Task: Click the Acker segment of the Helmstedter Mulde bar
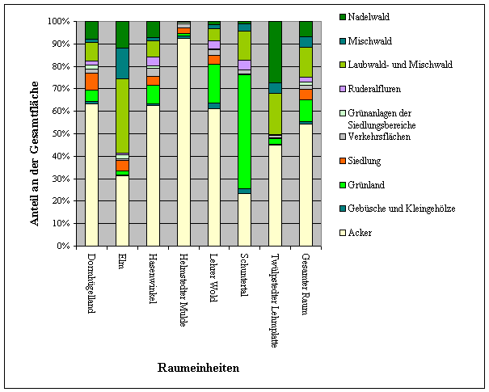(x=183, y=142)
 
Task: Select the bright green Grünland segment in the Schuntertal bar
(x=245, y=132)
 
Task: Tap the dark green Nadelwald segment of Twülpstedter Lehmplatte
(x=276, y=52)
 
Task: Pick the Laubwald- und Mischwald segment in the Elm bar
(x=123, y=116)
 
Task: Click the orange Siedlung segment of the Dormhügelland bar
(x=92, y=82)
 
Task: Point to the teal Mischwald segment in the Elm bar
(x=123, y=64)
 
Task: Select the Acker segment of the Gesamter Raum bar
(x=306, y=185)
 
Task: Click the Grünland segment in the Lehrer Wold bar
(x=214, y=83)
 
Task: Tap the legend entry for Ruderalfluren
(x=370, y=89)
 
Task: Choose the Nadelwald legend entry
(x=365, y=17)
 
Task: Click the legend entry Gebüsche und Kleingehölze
(x=398, y=209)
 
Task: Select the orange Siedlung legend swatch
(x=343, y=161)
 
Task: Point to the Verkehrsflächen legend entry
(x=375, y=137)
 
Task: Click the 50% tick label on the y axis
(x=61, y=133)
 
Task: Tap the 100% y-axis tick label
(x=59, y=21)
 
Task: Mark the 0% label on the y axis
(x=63, y=246)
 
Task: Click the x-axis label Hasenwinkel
(x=153, y=278)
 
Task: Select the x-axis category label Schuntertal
(x=244, y=275)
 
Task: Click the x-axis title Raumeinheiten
(x=198, y=368)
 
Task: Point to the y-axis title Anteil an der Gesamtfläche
(x=34, y=154)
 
